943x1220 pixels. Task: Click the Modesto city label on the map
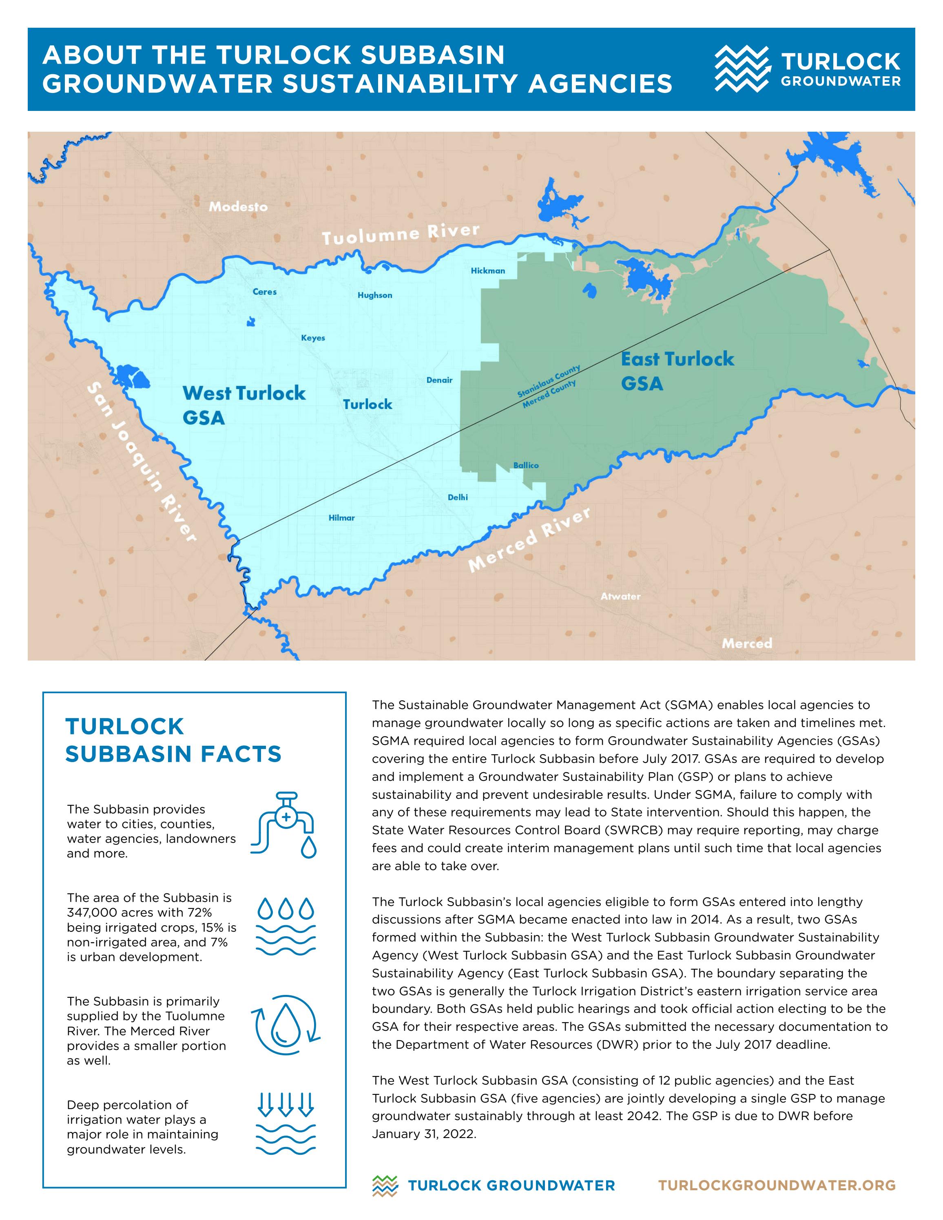[238, 207]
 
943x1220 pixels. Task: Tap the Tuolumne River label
[401, 234]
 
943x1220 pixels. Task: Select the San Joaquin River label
[142, 462]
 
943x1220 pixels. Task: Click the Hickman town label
[488, 271]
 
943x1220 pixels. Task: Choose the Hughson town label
[375, 296]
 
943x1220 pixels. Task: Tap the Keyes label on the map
[313, 338]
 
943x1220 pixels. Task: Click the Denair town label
[439, 380]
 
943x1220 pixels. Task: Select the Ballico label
[526, 465]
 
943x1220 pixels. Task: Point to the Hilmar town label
[341, 518]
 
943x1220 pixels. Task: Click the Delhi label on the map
[458, 497]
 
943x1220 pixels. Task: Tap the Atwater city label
[620, 597]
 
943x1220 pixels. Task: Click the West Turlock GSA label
[243, 405]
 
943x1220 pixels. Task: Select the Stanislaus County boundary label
[548, 380]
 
